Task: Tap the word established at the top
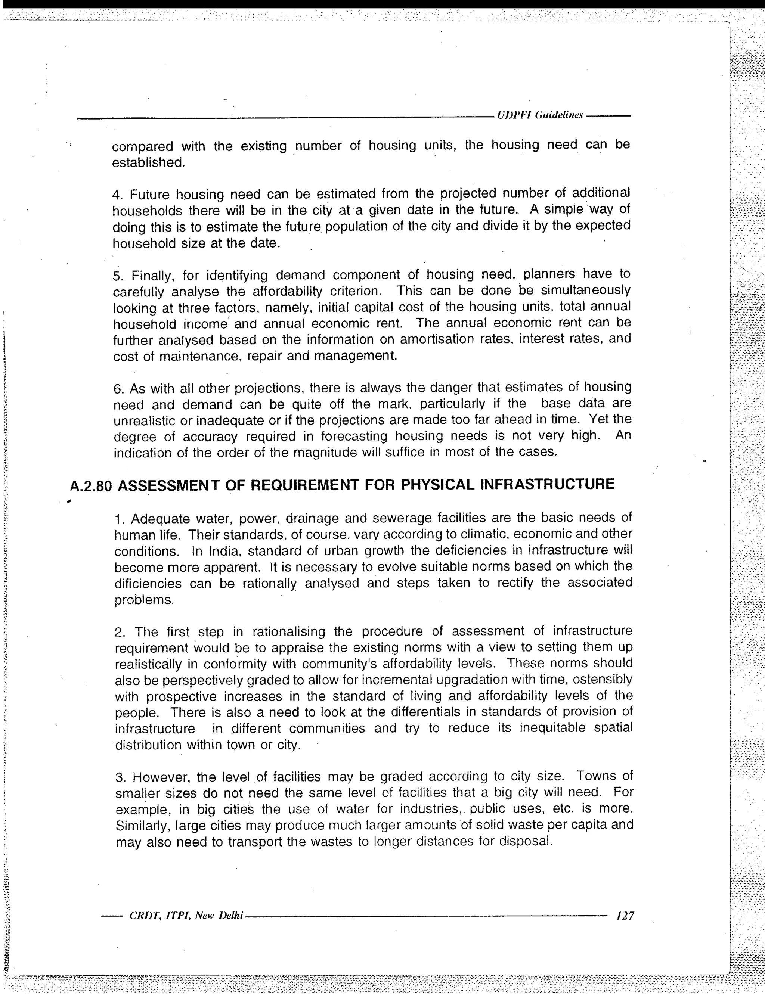point(148,162)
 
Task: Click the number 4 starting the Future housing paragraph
point(117,195)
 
